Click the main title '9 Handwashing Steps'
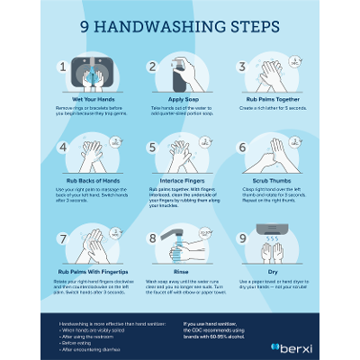point(180,26)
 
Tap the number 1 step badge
point(63,67)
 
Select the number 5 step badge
point(153,147)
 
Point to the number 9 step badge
point(242,238)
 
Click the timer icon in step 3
point(294,64)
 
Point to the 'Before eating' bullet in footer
point(76,343)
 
